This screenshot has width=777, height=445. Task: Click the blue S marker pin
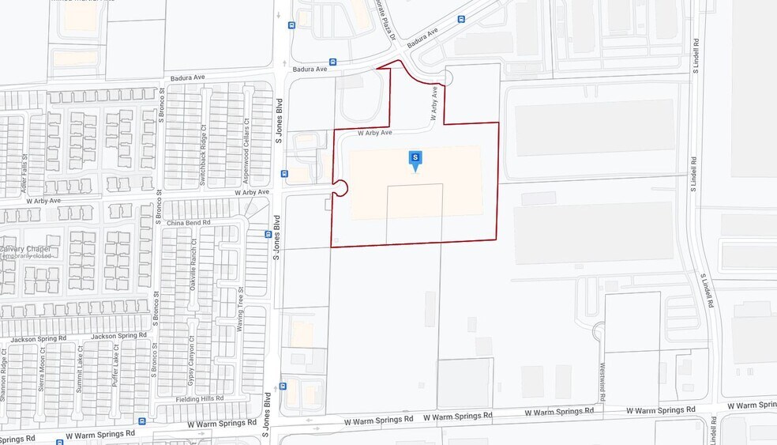click(x=415, y=160)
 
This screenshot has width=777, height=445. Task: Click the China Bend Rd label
click(x=189, y=223)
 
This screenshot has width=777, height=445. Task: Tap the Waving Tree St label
click(x=239, y=309)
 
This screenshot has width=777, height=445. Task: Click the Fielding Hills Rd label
click(x=200, y=399)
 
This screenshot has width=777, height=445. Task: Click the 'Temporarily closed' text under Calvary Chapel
click(x=25, y=256)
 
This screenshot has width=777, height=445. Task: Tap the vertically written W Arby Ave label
click(x=434, y=104)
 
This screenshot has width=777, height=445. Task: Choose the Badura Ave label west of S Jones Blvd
click(x=187, y=78)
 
